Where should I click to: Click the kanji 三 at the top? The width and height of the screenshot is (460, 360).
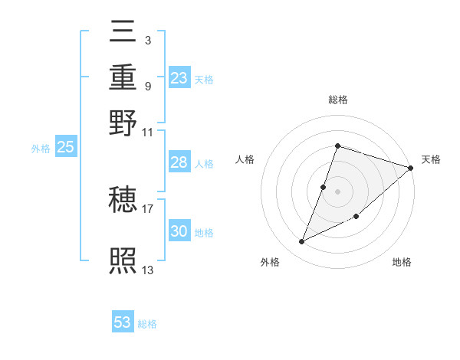click(123, 33)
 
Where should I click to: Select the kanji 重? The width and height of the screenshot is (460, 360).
click(123, 77)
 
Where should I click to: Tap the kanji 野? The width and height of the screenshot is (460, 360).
click(123, 122)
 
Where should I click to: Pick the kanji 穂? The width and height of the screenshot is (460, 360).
click(123, 201)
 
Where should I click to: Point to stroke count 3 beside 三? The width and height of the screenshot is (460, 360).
click(147, 40)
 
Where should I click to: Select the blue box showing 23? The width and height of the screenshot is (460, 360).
click(179, 78)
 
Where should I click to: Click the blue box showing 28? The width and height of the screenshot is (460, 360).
click(179, 162)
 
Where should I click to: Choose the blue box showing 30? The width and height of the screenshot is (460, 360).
click(179, 231)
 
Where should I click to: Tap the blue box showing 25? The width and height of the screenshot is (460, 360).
click(65, 148)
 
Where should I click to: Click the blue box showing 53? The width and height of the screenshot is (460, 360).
click(123, 322)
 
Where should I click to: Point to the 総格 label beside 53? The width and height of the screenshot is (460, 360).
click(148, 324)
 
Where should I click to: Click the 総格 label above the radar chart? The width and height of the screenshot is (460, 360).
click(337, 100)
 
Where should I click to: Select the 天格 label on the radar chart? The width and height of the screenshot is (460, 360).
click(431, 159)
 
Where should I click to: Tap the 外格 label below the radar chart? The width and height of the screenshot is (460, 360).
click(270, 262)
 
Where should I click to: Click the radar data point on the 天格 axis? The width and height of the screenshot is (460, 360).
click(410, 168)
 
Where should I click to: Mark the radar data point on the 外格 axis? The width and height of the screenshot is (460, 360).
click(302, 242)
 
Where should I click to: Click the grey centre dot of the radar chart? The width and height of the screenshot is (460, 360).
click(337, 191)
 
